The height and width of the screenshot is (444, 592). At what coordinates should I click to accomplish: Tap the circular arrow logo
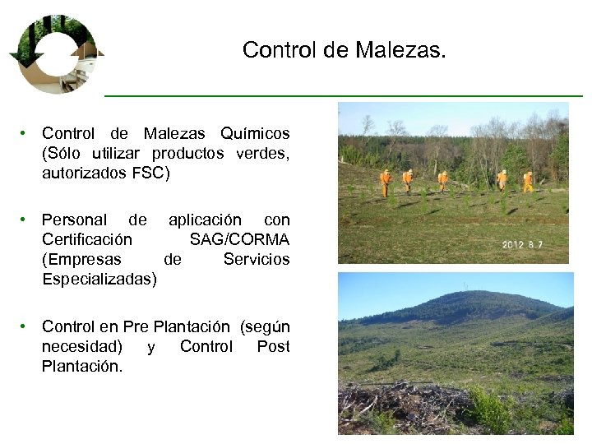point(55,53)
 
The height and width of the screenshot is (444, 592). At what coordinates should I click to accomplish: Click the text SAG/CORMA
point(239,239)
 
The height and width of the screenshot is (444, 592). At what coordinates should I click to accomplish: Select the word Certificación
point(86,239)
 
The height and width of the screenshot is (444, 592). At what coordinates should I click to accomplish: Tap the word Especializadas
point(99,279)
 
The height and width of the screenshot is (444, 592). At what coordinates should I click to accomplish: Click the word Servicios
point(257,259)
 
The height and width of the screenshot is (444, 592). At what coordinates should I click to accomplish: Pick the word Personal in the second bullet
point(74,220)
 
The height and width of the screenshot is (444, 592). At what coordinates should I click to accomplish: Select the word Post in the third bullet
point(273,346)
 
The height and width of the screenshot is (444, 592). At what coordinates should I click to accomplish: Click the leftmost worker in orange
point(385,182)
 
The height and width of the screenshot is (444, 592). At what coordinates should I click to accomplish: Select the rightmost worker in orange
point(528,180)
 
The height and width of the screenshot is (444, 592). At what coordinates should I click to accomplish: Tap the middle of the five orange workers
point(443,180)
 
